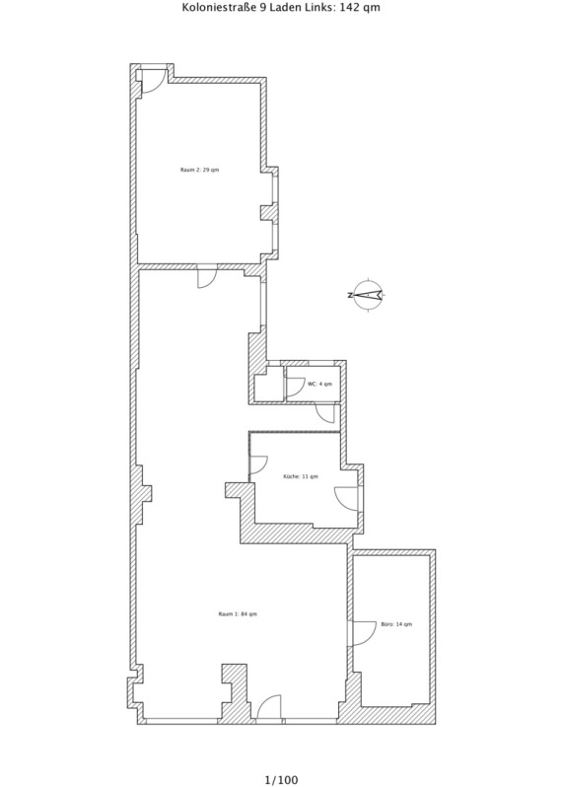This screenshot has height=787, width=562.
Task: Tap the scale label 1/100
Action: pos(281,779)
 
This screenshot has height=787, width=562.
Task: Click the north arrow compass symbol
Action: pos(368,295)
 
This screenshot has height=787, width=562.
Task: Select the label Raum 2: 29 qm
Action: pos(200,171)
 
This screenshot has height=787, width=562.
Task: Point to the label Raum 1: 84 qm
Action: pos(238,613)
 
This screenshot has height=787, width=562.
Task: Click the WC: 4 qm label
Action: pos(320,384)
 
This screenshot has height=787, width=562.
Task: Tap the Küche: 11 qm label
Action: pos(301,476)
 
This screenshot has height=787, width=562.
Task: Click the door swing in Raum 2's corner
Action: pos(154,80)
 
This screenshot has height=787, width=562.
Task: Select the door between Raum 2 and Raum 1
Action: pos(207,278)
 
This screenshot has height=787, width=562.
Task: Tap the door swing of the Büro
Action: pos(364,633)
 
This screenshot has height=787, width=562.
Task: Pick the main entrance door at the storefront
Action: pos(268,707)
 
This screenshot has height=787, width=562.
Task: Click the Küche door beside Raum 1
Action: pos(258,465)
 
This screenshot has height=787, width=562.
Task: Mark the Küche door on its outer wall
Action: pos(346,498)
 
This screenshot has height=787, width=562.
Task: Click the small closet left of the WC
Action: pos(268,385)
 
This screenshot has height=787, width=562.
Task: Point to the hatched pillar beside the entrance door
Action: pos(236,692)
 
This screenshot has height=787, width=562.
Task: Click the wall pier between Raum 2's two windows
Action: pos(269,212)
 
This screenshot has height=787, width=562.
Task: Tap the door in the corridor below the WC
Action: pos(325,413)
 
